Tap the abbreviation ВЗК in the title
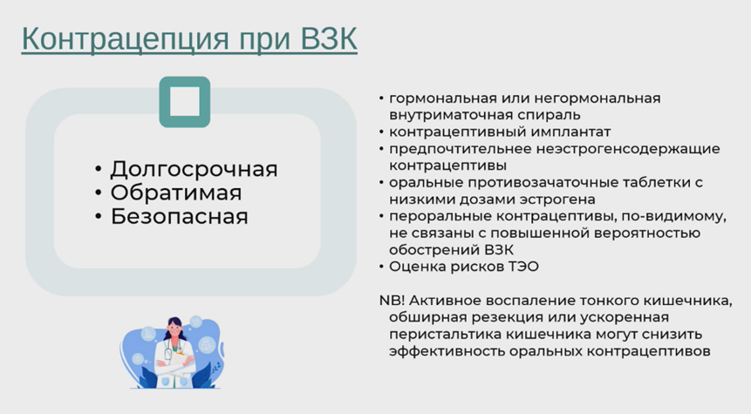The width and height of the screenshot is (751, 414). point(329,38)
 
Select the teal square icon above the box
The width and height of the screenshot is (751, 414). point(185,102)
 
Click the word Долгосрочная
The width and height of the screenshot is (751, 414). point(194,169)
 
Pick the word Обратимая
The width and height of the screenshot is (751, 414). point(176,193)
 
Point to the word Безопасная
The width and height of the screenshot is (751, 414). point(180,216)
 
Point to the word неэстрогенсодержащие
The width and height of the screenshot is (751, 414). point(628,149)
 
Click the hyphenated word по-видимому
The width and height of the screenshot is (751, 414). point(673,216)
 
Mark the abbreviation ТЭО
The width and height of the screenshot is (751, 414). point(525,267)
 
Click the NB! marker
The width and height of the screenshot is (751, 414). point(393,300)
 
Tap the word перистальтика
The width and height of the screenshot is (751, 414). point(435,334)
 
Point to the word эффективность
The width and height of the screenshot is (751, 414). point(447,351)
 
